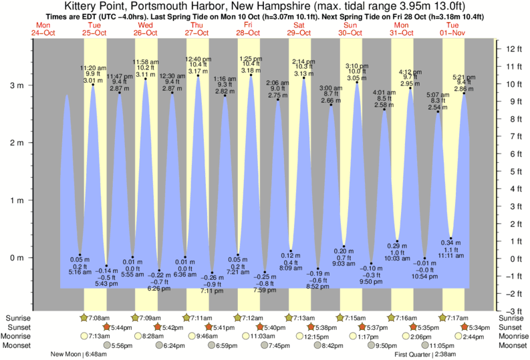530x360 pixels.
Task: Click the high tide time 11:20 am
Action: [x=93, y=67]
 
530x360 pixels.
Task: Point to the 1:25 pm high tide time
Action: [x=251, y=58]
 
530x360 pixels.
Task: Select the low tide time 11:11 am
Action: [x=451, y=256]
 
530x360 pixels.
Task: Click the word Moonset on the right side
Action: [x=513, y=345]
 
